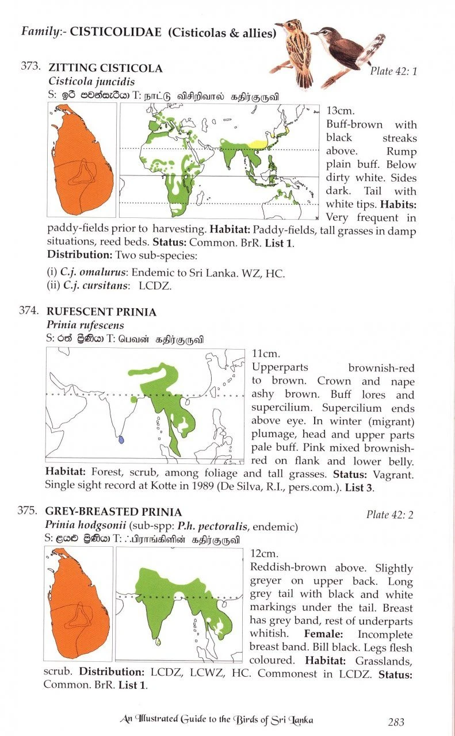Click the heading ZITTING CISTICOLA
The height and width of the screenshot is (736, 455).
105,68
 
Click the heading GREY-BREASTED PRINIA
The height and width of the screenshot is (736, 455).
114,512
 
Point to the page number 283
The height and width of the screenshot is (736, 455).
396,722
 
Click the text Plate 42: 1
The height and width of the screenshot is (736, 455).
393,71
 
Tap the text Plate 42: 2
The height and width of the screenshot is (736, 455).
390,515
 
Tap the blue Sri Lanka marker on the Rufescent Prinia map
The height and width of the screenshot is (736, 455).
121,439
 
